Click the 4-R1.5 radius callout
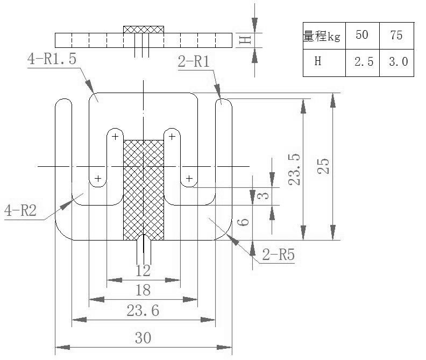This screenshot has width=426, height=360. [52, 59]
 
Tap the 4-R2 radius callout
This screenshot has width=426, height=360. [20, 210]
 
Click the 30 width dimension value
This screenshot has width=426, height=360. [143, 338]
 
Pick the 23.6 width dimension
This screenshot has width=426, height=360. [143, 311]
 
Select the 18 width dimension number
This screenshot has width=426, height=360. [143, 291]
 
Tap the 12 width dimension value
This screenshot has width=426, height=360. [143, 270]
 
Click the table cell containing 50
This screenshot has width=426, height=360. [362, 36]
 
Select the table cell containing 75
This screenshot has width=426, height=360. [397, 36]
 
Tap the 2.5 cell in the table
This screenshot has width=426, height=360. [363, 62]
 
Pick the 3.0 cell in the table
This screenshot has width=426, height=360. [397, 62]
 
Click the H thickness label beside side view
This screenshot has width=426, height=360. [244, 39]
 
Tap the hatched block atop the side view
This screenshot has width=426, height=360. [144, 29]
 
